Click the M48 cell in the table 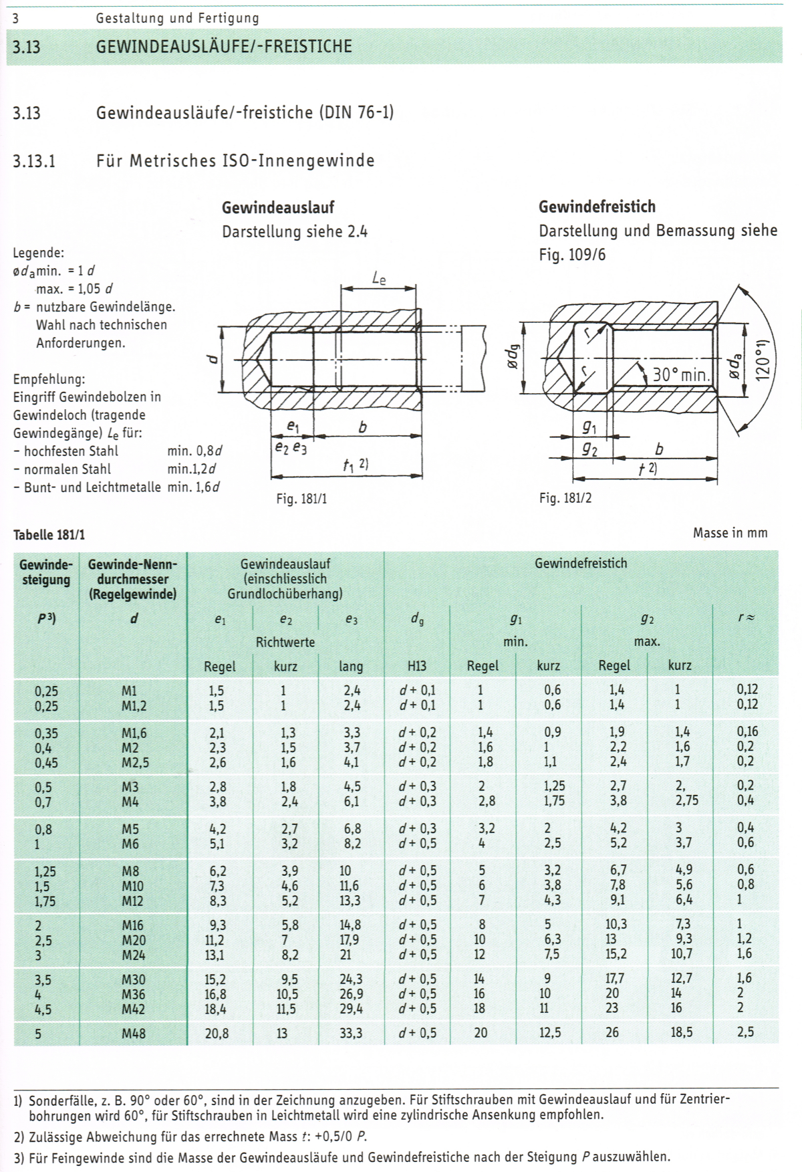pos(133,1034)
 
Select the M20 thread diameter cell pos(133,940)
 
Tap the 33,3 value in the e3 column pos(350,1033)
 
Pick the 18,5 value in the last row pos(682,1032)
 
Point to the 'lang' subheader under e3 pos(351,667)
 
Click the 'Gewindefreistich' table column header pos(581,564)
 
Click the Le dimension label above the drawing pos(378,277)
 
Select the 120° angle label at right pos(763,360)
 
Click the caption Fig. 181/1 pos(301,499)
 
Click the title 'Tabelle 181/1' pos(49,535)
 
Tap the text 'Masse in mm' pos(730,533)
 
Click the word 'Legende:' pos(39,253)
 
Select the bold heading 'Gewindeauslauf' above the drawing pos(278,207)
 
